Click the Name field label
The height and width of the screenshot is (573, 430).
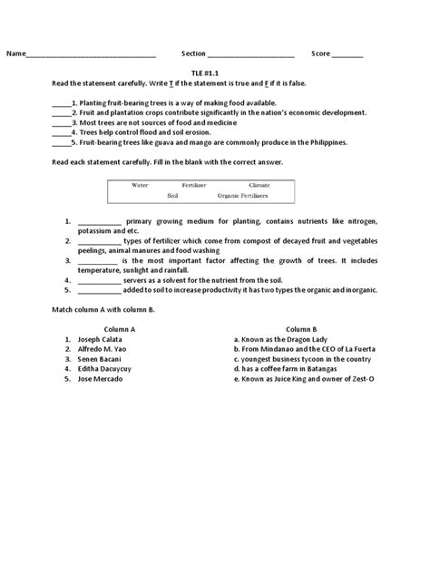16,54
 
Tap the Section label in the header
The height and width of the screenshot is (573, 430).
194,54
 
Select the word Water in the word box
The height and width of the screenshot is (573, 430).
141,184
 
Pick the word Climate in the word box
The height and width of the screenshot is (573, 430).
259,184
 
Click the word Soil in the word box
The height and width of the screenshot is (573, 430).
173,195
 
